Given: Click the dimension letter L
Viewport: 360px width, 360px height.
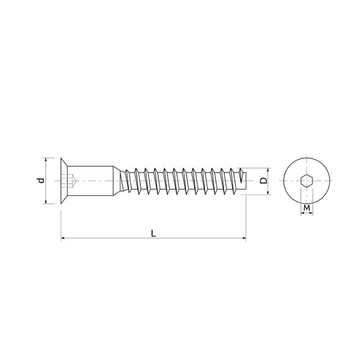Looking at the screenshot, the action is click(x=154, y=233).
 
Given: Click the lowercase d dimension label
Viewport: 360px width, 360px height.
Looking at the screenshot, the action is click(x=41, y=181).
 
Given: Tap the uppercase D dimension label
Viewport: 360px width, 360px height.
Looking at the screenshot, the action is click(x=264, y=181).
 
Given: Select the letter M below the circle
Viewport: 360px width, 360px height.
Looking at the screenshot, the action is click(x=307, y=208).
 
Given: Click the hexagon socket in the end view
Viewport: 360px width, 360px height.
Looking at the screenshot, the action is click(x=307, y=181).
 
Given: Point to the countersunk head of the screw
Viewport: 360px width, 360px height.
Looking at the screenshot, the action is click(x=64, y=181).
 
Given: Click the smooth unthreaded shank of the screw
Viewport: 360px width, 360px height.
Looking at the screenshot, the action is click(x=90, y=181).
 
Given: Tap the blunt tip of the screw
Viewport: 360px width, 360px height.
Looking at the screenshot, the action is click(x=245, y=181).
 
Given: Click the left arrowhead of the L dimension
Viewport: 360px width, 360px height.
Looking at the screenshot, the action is click(x=63, y=238).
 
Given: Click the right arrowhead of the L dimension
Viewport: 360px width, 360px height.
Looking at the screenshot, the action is click(x=244, y=238).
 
